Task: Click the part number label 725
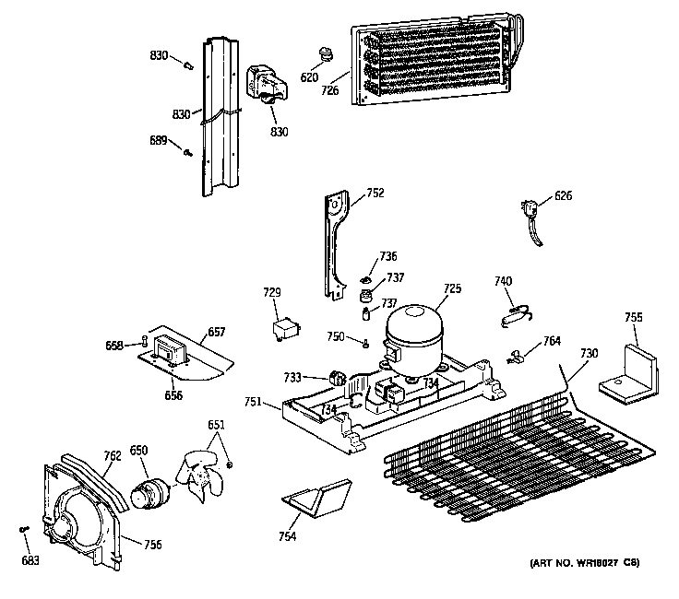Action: (x=450, y=288)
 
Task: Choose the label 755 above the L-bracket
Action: (x=633, y=317)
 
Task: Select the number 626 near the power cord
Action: (x=563, y=195)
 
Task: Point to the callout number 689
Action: (x=158, y=140)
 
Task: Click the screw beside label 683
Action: (x=22, y=529)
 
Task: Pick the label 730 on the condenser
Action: (x=589, y=353)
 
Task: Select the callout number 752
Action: (x=375, y=193)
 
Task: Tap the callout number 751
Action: (x=255, y=401)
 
